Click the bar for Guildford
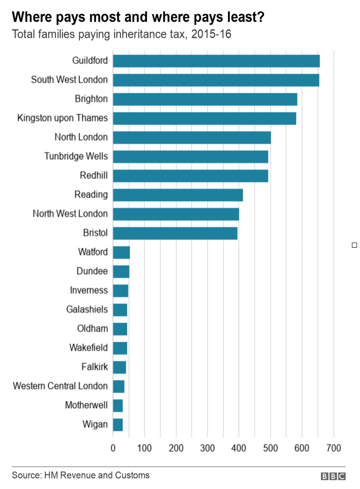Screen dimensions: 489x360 (216, 61)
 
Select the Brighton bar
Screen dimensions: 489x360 (205, 99)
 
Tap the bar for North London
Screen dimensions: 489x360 (192, 137)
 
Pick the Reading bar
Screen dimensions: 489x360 (178, 195)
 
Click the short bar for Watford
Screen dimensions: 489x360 (121, 252)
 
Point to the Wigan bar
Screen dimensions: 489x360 (118, 424)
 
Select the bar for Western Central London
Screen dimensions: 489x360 (119, 386)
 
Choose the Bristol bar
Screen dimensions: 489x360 (175, 233)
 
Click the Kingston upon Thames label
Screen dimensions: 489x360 (62, 118)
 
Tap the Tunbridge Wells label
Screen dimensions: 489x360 (76, 156)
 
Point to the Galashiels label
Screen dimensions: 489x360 (87, 309)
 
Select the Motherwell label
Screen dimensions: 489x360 (86, 405)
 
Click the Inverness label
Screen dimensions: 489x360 (89, 290)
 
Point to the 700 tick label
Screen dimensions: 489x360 (334, 448)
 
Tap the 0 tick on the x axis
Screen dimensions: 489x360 (113, 448)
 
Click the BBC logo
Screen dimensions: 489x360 (333, 477)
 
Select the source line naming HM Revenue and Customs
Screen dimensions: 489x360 (81, 475)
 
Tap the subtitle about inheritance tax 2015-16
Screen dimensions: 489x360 (121, 34)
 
